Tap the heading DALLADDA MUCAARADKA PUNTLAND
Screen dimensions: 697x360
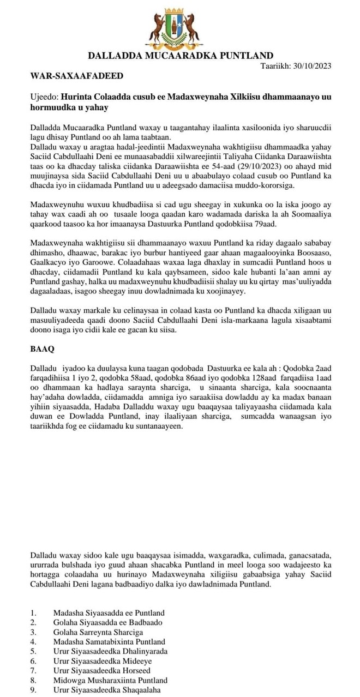click(181, 55)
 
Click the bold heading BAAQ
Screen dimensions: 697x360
click(41, 347)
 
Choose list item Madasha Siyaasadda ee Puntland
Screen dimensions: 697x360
click(109, 613)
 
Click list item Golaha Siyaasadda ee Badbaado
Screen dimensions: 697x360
click(107, 622)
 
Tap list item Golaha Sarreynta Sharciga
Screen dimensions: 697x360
click(98, 632)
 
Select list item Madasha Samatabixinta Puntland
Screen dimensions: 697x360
click(109, 642)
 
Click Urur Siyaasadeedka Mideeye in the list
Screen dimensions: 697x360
click(102, 661)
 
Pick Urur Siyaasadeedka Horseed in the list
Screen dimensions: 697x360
click(101, 670)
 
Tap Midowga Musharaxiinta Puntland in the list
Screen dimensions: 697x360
click(110, 680)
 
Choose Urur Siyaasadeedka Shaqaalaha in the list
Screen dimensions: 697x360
click(107, 689)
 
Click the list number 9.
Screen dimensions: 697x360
click(33, 689)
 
